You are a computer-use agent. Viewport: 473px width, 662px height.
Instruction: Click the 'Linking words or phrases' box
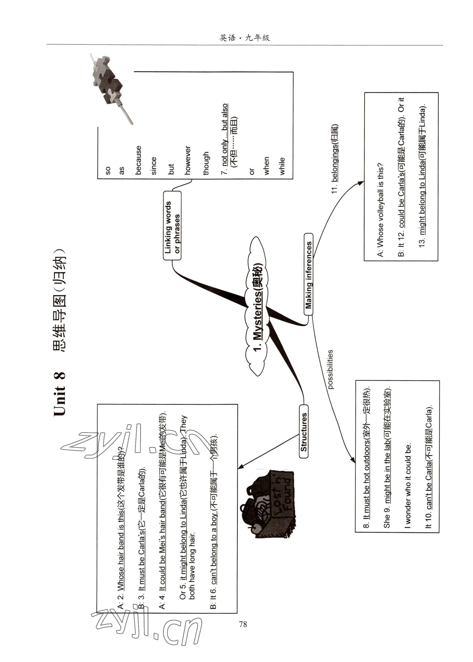coord(172,225)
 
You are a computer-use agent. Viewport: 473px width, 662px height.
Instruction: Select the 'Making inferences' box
coord(308,274)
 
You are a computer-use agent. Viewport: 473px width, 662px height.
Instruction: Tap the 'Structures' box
coord(304,431)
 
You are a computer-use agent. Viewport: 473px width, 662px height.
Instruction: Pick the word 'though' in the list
coord(206,163)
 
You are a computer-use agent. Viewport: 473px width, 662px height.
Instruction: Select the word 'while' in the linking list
coord(282,166)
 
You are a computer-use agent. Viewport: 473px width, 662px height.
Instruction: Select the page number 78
coord(243,624)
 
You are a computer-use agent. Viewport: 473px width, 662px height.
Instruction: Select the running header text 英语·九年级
coord(245,38)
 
